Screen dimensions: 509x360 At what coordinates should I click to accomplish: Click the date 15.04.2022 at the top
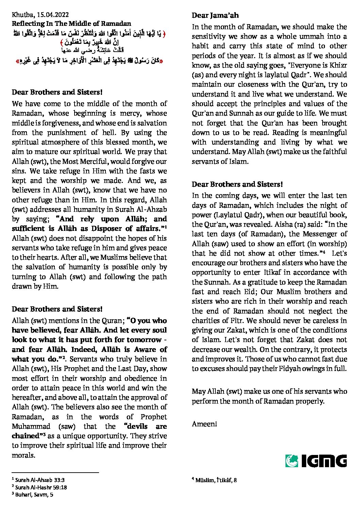tap(53, 15)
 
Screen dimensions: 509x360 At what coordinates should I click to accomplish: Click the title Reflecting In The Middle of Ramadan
tap(71, 23)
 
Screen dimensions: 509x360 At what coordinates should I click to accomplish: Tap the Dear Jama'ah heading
tap(215, 15)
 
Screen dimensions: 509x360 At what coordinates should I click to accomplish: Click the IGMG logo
tap(316, 460)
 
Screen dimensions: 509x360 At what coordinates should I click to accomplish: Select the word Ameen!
tap(204, 424)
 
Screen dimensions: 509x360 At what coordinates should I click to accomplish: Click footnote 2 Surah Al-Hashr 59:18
tap(39, 487)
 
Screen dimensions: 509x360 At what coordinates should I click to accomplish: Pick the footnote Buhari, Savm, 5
tap(34, 495)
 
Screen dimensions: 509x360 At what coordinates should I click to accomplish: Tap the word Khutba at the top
tap(21, 15)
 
